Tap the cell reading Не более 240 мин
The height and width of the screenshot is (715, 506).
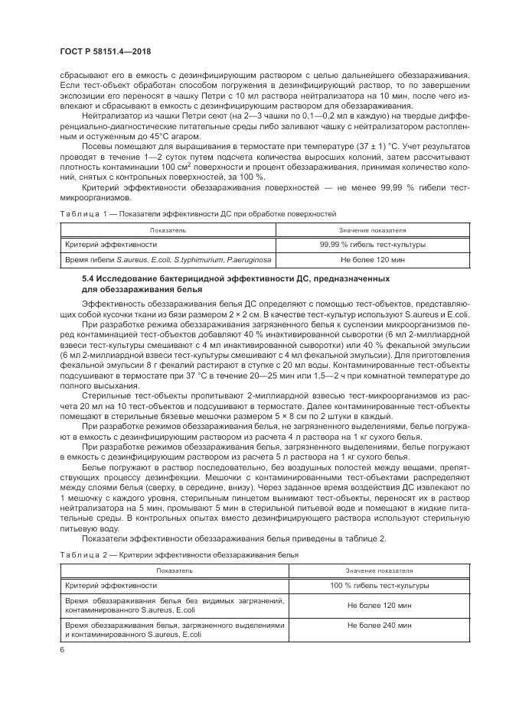pyautogui.click(x=379, y=625)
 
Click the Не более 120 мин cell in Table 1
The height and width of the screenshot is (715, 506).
pyautogui.click(x=373, y=260)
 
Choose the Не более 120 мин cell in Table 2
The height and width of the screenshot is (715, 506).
pyautogui.click(x=379, y=605)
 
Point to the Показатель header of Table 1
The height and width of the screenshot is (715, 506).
pyautogui.click(x=168, y=229)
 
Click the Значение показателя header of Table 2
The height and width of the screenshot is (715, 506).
pyautogui.click(x=379, y=570)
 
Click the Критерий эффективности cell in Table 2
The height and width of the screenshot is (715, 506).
pyautogui.click(x=112, y=585)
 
